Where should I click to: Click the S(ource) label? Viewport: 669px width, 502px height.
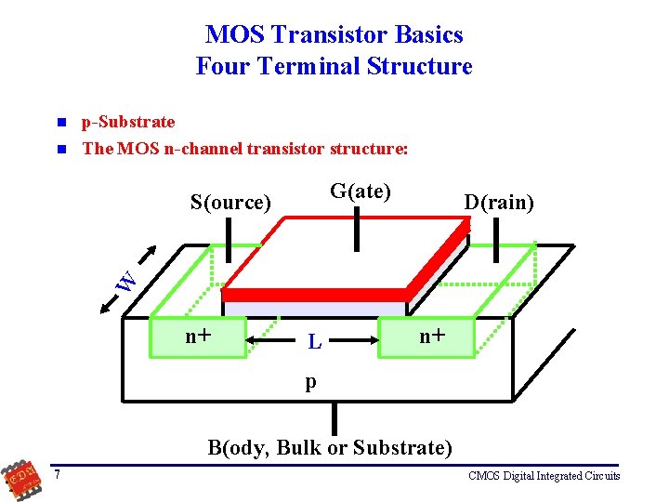[230, 202]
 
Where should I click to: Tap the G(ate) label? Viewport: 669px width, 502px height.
[360, 192]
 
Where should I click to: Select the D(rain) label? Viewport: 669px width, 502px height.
[500, 202]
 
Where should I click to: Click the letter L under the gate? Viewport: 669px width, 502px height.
[315, 342]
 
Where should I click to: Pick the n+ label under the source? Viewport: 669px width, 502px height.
[197, 336]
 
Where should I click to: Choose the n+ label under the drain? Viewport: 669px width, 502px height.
[431, 336]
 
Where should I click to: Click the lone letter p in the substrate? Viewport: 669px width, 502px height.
[311, 380]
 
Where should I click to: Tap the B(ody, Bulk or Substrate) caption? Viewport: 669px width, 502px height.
[330, 448]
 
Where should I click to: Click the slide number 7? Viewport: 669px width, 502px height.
[58, 476]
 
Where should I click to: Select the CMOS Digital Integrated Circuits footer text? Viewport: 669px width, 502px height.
[544, 476]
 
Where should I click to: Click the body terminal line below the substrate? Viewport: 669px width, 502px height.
[334, 417]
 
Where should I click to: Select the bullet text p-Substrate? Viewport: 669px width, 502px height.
[128, 122]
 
